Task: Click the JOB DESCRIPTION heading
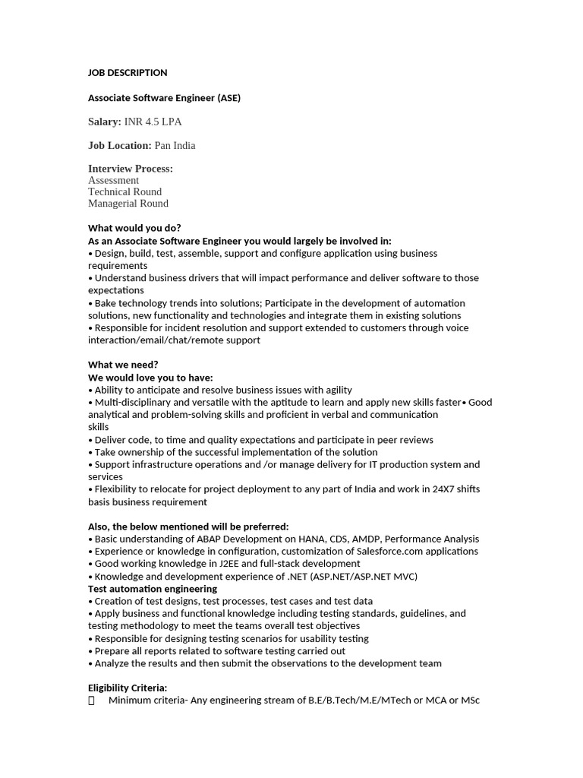[x=128, y=73]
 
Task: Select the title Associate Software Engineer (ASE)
[x=164, y=98]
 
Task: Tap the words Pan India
[x=175, y=145]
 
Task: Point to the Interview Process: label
[x=131, y=169]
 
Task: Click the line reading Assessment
[x=113, y=180]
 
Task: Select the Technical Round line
[x=124, y=191]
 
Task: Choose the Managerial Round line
[x=128, y=203]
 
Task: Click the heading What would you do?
[x=134, y=228]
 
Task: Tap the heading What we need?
[x=123, y=365]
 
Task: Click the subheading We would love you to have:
[x=150, y=378]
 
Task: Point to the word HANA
[x=302, y=539]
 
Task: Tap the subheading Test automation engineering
[x=153, y=588]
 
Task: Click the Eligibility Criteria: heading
[x=128, y=688]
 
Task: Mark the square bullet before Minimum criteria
[x=92, y=701]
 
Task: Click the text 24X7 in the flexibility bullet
[x=435, y=489]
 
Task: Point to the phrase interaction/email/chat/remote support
[x=174, y=340]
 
